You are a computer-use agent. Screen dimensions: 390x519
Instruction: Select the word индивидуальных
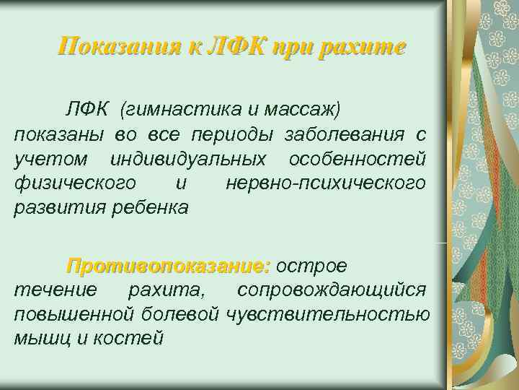(x=189, y=159)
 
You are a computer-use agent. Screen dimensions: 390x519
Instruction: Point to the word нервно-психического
(x=326, y=183)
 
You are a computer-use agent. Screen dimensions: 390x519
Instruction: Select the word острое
(x=317, y=266)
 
